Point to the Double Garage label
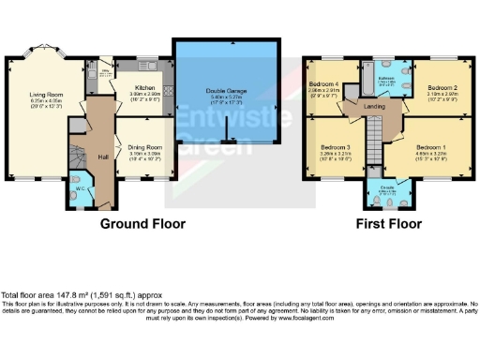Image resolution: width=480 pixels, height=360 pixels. point(225,89)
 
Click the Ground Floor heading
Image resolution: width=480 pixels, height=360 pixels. point(143,225)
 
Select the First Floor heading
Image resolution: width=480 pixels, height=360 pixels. point(387,225)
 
